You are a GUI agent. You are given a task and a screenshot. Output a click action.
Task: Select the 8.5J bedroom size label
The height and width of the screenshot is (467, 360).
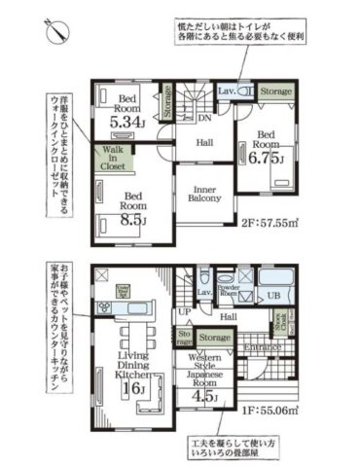coord(133,220)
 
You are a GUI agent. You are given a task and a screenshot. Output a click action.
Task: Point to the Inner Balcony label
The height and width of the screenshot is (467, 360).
coord(205,191)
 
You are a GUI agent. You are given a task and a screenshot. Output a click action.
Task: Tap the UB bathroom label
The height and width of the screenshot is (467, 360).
coord(274,295)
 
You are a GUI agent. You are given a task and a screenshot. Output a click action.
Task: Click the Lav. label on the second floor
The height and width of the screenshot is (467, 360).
coord(225,90)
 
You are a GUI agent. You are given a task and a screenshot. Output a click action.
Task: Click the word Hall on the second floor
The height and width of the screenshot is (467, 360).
coord(205,143)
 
